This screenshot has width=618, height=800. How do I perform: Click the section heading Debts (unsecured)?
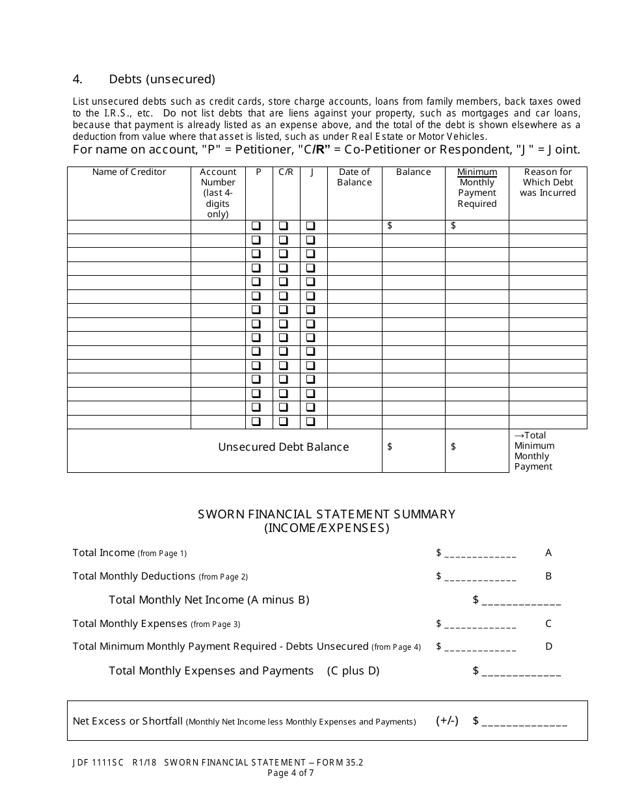[161, 79]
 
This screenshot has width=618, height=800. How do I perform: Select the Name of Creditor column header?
[129, 172]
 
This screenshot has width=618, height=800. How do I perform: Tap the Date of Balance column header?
[355, 177]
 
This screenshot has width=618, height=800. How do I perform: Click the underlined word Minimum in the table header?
[477, 172]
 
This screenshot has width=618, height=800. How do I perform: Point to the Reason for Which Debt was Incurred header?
[548, 182]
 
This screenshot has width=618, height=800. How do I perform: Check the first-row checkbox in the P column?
[256, 226]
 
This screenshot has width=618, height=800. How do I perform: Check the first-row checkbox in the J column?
[311, 226]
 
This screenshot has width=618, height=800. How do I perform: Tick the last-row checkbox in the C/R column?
[284, 421]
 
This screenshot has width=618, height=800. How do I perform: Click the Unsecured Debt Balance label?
[283, 447]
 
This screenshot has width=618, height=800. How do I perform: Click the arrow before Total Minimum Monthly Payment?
[518, 436]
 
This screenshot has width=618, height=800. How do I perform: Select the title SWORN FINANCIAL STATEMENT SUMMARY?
[327, 514]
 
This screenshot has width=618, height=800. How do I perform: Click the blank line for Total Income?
[480, 554]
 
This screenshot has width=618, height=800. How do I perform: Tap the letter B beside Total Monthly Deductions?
[548, 576]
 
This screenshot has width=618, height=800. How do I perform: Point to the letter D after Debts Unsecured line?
[548, 647]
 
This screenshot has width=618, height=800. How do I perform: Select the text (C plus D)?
[353, 671]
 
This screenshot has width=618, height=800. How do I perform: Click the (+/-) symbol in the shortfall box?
[447, 721]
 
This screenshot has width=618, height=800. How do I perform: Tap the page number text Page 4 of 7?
[290, 773]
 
